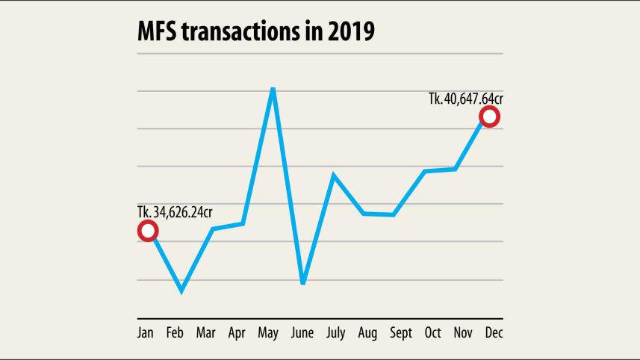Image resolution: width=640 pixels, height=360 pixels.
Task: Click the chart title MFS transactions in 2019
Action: coord(256,32)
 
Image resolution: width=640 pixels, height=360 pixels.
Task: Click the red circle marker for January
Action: coord(148,231)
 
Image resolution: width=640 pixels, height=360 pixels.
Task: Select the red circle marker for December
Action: coord(489,117)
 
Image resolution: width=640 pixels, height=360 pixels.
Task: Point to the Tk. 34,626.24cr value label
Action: coord(180,212)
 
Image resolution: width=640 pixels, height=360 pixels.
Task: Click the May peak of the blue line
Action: coord(273,90)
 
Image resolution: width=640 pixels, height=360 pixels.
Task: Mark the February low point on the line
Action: coord(181,291)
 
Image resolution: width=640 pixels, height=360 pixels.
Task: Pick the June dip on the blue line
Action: coord(303,283)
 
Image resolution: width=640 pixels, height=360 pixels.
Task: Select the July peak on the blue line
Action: coord(333,175)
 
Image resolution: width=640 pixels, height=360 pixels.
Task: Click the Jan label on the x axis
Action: coord(146,333)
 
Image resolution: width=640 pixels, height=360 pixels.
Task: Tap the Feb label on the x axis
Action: coord(175,333)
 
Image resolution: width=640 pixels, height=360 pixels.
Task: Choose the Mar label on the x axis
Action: coord(206,333)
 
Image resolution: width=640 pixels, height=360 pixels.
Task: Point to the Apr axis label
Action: coord(237,333)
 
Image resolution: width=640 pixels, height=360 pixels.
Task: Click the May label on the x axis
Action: coord(268,333)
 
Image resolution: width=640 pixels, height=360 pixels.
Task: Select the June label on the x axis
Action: coord(302,333)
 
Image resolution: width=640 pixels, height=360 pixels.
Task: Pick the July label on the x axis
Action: coord(335,333)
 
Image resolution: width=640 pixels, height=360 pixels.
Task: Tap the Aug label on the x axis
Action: coord(367,333)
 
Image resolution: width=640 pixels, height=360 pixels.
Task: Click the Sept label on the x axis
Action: coord(400,333)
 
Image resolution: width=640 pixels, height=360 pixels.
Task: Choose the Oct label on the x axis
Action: coord(433,333)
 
